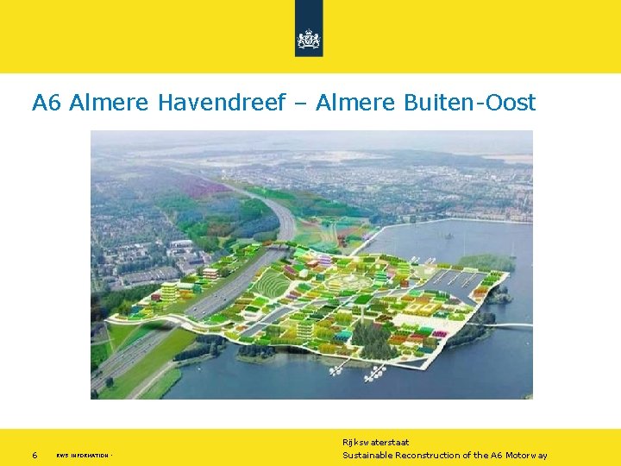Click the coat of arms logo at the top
tap(308, 39)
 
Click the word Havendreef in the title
tap(221, 103)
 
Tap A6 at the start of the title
tap(47, 103)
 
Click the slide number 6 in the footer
tap(34, 455)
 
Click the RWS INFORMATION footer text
tap(83, 456)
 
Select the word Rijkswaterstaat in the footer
tap(375, 442)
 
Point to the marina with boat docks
tap(453, 278)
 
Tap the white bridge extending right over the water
tap(515, 325)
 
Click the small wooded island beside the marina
tap(486, 261)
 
